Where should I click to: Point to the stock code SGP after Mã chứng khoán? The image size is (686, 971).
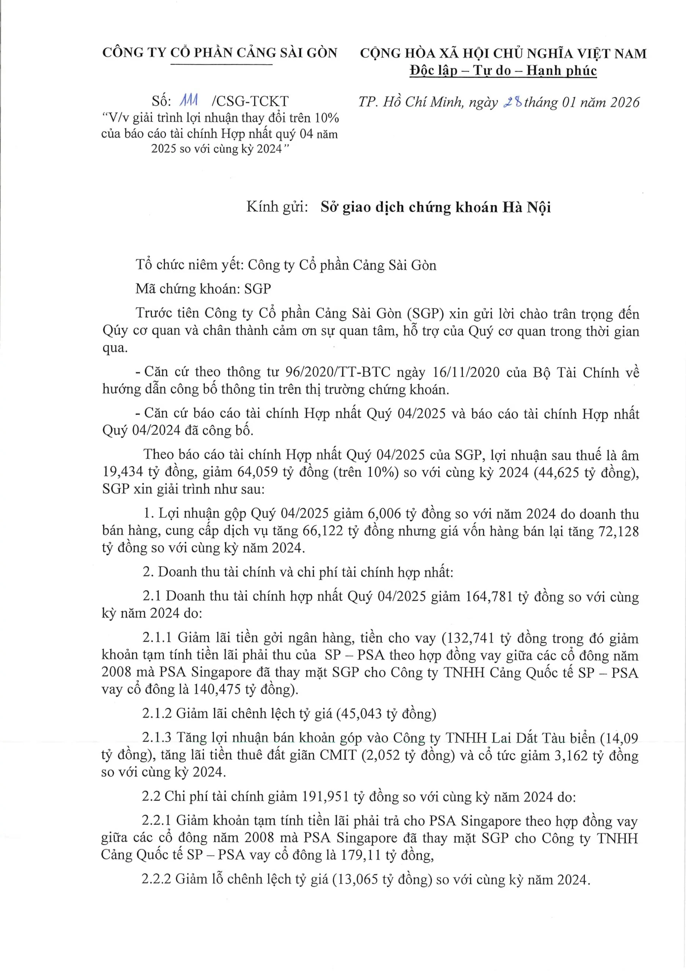[x=257, y=289]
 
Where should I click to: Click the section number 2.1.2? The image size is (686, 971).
[x=157, y=713]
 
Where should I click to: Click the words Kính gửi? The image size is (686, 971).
[x=277, y=207]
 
